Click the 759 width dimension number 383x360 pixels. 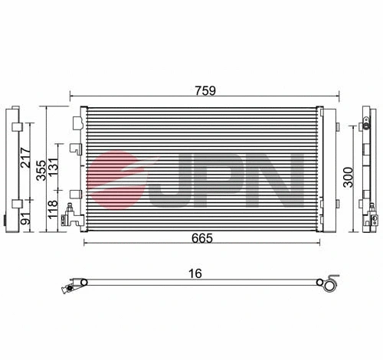tap(205, 90)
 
